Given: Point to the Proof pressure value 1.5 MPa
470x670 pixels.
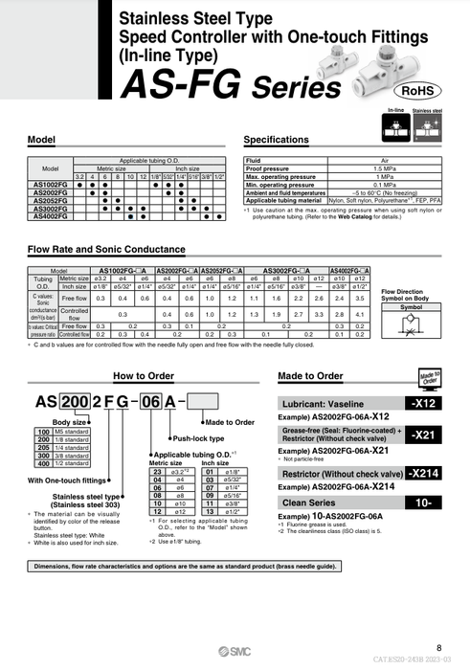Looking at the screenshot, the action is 383,167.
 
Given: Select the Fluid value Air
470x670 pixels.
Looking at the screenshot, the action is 383,160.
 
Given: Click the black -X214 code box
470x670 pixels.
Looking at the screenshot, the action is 424,473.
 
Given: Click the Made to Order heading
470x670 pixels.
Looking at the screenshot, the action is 310,376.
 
